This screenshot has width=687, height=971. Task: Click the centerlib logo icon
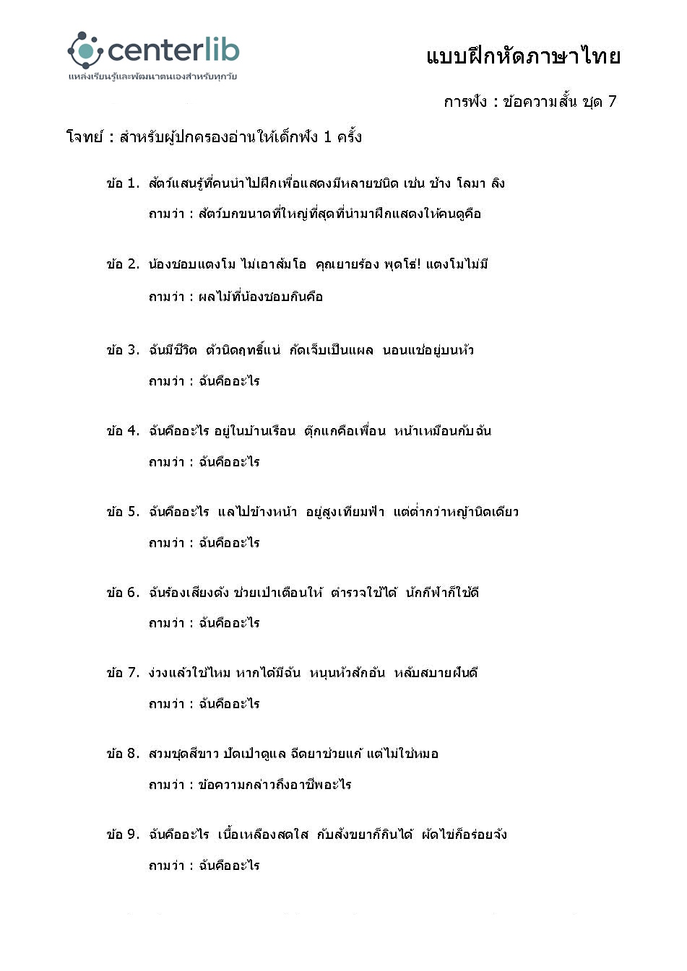(x=85, y=49)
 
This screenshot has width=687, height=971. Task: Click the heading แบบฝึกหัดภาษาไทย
(x=523, y=56)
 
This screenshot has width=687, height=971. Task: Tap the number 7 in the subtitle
(x=612, y=101)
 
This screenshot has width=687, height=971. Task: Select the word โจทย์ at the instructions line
(x=85, y=137)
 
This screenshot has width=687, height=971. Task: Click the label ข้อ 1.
(x=123, y=183)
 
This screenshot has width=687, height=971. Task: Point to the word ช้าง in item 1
(x=440, y=183)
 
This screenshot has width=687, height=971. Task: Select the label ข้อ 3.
(x=123, y=350)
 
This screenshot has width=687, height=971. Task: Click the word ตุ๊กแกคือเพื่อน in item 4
(x=345, y=431)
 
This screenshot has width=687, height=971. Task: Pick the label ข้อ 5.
(x=123, y=512)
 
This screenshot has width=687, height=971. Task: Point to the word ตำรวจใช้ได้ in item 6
(x=364, y=593)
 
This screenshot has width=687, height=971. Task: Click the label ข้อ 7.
(x=123, y=673)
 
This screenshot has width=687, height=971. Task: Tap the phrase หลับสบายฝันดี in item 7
(x=436, y=673)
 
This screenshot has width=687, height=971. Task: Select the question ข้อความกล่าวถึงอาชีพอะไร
(x=275, y=785)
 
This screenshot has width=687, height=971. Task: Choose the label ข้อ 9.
(x=123, y=835)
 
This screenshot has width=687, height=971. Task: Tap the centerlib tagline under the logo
(x=152, y=76)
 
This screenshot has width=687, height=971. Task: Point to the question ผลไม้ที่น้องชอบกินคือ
(x=261, y=297)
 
